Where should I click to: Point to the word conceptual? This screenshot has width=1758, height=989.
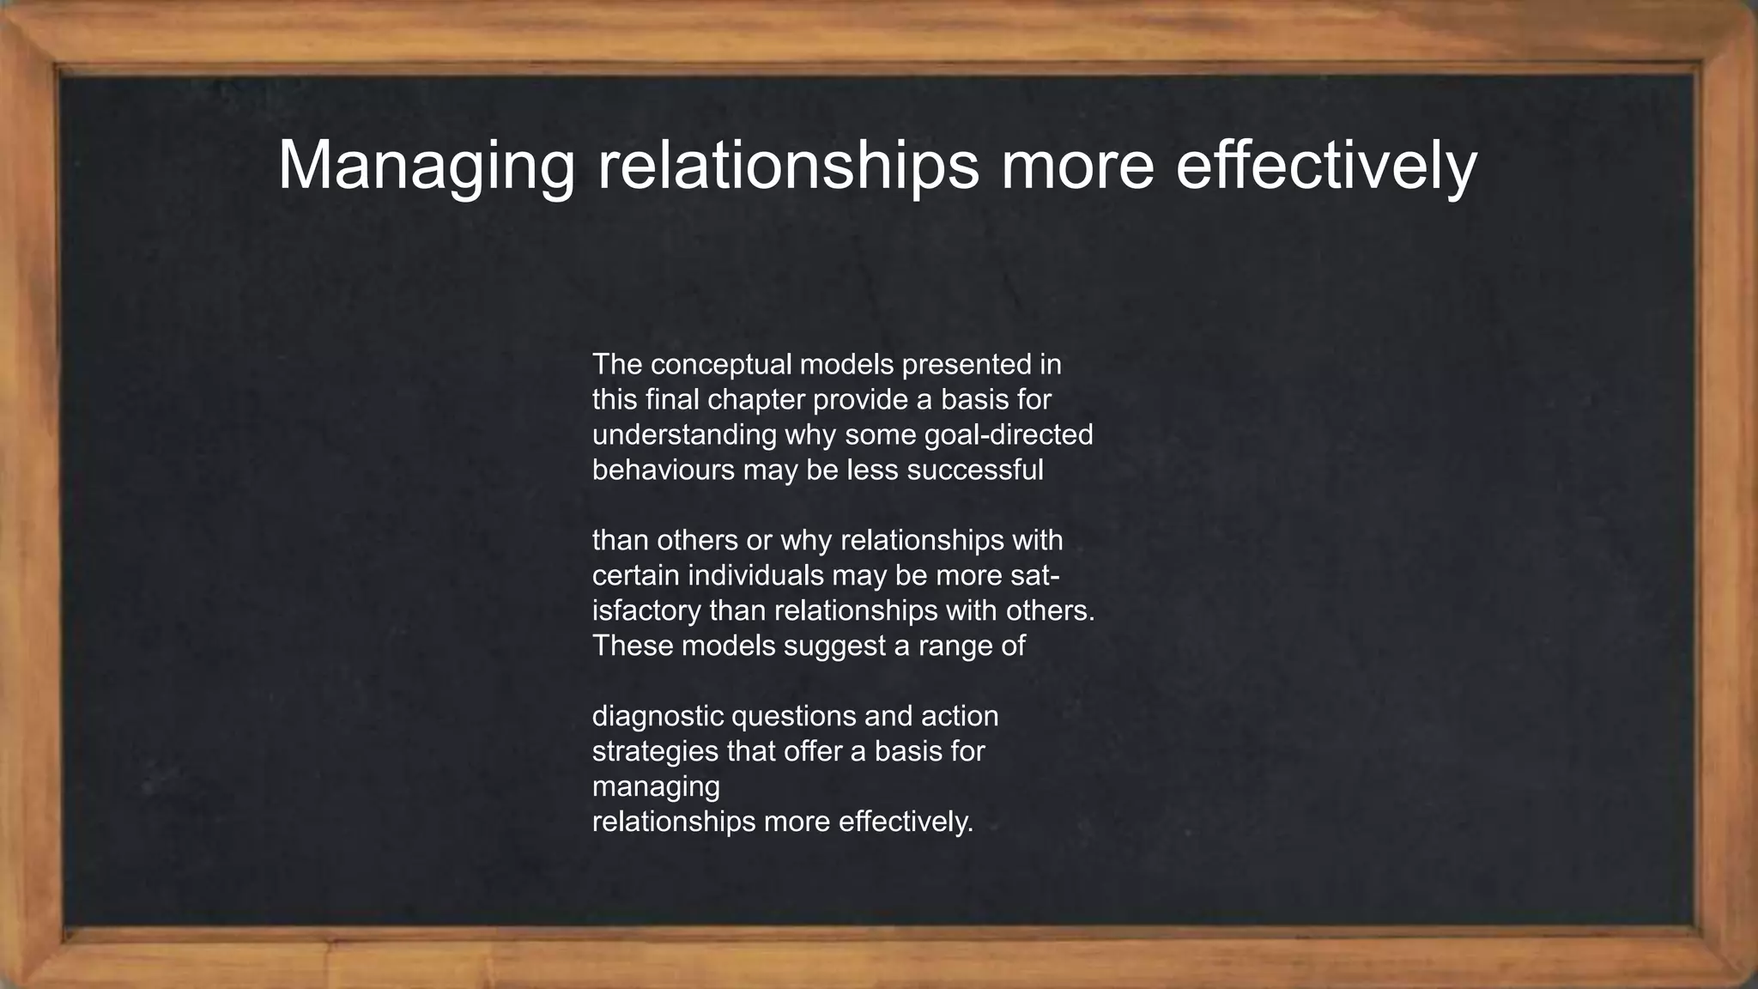tap(721, 365)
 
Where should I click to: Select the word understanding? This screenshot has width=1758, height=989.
tap(684, 435)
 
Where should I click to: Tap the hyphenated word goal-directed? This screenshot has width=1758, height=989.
tap(1009, 435)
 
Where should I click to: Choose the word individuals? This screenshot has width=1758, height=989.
tap(758, 575)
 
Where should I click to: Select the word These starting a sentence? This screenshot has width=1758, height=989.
tap(633, 646)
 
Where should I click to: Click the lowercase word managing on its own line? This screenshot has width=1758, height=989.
tap(656, 787)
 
